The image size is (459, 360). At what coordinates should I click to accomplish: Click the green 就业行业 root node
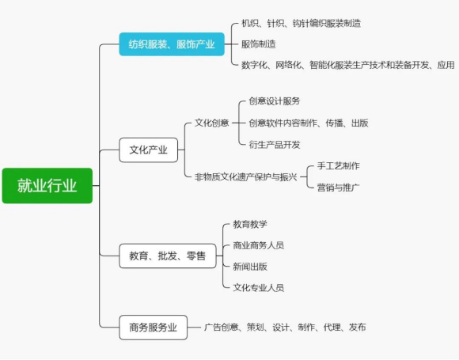click(x=47, y=186)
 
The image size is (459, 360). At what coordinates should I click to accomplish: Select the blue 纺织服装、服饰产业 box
click(x=172, y=44)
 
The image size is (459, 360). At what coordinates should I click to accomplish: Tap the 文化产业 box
click(x=149, y=150)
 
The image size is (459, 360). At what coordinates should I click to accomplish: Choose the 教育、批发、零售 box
click(x=168, y=256)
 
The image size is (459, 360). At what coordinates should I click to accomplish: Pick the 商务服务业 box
click(x=153, y=328)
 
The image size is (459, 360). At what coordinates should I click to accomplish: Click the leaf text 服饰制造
click(x=259, y=44)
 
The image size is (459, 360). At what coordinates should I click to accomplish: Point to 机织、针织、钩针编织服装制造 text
click(x=301, y=23)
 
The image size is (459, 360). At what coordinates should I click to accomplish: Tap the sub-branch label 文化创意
click(x=211, y=123)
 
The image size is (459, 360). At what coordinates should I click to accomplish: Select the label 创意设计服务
click(x=275, y=101)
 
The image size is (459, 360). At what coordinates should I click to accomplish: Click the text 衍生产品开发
click(x=275, y=144)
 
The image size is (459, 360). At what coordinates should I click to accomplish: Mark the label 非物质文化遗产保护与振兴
click(x=246, y=176)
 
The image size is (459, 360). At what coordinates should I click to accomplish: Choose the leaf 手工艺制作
click(x=338, y=166)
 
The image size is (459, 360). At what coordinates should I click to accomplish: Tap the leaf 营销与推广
click(x=338, y=188)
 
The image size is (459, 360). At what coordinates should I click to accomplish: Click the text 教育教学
click(x=250, y=224)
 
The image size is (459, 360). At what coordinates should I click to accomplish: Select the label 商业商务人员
click(x=258, y=245)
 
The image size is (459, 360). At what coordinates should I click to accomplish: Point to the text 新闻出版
click(x=250, y=267)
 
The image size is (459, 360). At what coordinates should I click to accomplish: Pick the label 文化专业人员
click(x=258, y=287)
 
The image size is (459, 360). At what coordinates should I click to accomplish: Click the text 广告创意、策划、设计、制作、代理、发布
click(x=285, y=328)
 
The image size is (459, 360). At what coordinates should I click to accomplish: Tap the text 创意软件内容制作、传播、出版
click(x=309, y=123)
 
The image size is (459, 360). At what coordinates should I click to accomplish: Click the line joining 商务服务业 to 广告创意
click(x=195, y=328)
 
